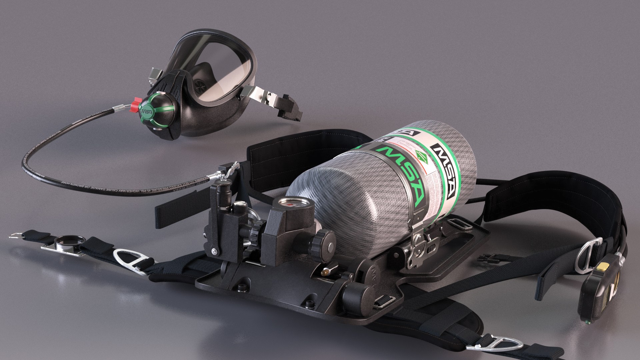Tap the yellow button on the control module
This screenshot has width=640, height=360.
click(x=600, y=267)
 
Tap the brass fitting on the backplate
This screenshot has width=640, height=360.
click(x=323, y=273)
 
